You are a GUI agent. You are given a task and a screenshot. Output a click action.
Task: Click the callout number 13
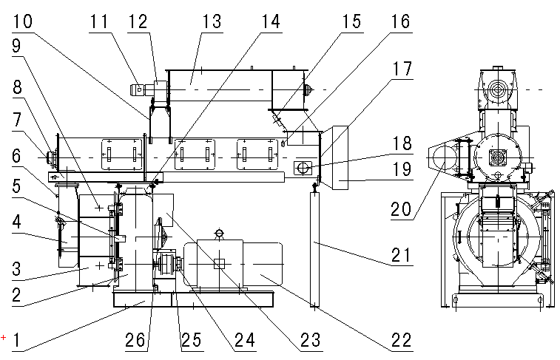click(x=212, y=21)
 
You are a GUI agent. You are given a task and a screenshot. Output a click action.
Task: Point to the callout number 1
click(x=18, y=342)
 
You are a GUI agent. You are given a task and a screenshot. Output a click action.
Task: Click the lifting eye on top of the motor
click(x=219, y=234)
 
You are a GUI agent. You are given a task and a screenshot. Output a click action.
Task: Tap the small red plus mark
click(x=4, y=338)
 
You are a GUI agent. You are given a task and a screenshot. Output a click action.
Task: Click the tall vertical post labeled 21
click(x=315, y=248)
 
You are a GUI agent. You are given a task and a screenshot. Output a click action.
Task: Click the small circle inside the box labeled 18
click(x=303, y=169)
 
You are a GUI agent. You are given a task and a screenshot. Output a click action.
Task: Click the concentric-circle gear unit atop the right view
click(x=495, y=91)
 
